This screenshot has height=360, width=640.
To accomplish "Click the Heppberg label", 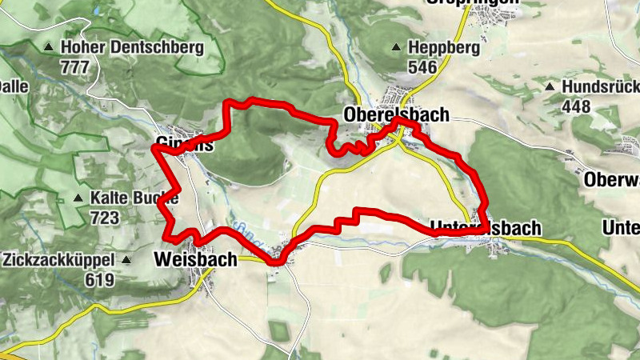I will [443, 48].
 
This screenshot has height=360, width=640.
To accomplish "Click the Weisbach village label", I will [195, 259].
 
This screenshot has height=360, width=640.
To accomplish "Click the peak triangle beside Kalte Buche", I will [78, 198].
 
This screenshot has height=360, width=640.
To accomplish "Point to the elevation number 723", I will [105, 217].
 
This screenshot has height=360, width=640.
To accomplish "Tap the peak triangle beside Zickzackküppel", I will [126, 260].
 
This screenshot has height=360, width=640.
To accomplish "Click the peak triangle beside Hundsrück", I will [550, 86].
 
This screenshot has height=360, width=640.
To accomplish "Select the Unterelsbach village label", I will [486, 228].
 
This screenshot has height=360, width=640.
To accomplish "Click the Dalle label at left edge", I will [14, 85].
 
